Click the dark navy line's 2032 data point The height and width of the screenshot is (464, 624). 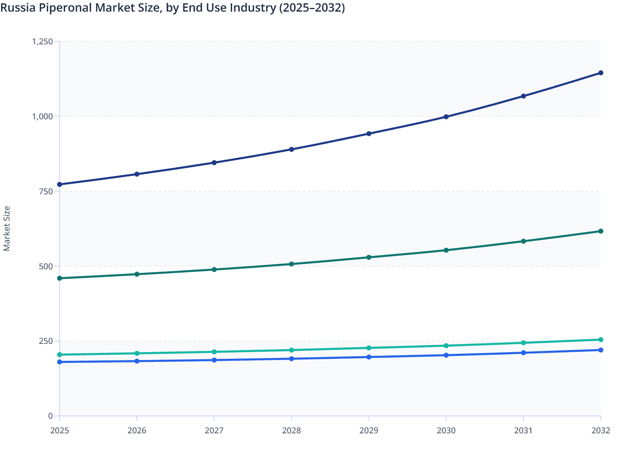tap(600, 73)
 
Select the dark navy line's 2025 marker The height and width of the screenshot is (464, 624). tap(60, 184)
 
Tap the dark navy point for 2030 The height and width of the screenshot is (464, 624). tap(446, 117)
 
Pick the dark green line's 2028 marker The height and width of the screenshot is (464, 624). tap(291, 264)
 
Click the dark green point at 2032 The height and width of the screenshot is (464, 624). tap(600, 231)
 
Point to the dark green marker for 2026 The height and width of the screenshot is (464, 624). tap(137, 274)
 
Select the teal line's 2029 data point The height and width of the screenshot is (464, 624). tap(369, 348)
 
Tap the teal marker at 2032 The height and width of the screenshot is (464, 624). tap(600, 340)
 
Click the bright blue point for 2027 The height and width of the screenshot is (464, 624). tap(214, 360)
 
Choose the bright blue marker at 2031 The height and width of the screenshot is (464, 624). tap(523, 353)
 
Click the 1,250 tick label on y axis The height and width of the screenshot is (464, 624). tap(42, 41)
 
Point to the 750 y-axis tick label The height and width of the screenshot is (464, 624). tap(46, 191)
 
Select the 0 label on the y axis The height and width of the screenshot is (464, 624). tap(50, 416)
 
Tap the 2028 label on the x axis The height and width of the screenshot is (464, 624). tap(291, 431)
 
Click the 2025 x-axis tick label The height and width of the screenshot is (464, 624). tap(60, 431)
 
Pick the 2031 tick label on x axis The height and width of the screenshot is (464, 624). tap(523, 431)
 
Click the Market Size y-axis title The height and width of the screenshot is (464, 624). tap(7, 229)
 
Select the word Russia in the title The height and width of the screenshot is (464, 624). tap(17, 8)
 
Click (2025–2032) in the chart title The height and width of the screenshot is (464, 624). tap(312, 8)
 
